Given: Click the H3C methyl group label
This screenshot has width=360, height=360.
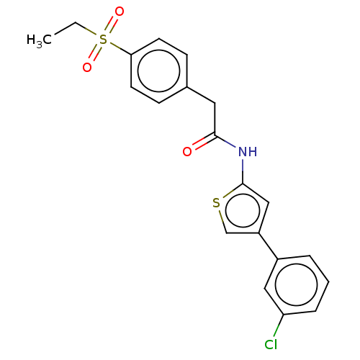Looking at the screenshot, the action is [x=39, y=40].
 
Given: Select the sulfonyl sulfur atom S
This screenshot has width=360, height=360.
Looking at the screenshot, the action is [x=103, y=40].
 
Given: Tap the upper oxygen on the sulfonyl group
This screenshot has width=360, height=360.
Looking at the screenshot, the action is [x=120, y=12].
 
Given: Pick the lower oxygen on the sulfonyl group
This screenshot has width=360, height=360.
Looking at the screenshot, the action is [x=87, y=68].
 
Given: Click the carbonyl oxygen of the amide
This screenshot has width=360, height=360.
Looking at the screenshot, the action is [x=187, y=152].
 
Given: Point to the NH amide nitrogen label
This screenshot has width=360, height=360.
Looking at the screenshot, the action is [x=248, y=152].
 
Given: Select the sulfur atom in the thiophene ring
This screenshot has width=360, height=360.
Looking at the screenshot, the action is [x=216, y=203].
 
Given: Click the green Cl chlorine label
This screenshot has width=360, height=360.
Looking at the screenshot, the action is [x=271, y=345].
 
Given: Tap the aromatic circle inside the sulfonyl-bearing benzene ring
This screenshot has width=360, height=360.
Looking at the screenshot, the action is [x=159, y=50].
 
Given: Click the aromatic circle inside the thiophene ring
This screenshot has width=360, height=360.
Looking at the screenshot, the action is [x=243, y=194].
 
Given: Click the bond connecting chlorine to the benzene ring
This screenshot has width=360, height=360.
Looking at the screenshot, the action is [x=279, y=325].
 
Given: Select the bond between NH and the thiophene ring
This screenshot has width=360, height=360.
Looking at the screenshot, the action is [x=243, y=171].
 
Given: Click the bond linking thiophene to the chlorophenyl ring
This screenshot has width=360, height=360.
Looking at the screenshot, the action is [x=269, y=246].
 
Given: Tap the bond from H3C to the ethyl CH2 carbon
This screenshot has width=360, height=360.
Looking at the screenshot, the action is [x=65, y=29].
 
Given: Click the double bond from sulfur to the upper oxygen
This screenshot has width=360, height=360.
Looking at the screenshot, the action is [x=111, y=25].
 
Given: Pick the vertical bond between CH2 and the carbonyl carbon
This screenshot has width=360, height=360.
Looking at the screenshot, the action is [x=215, y=120].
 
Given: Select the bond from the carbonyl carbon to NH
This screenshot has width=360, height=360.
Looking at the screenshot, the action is [x=225, y=142].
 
